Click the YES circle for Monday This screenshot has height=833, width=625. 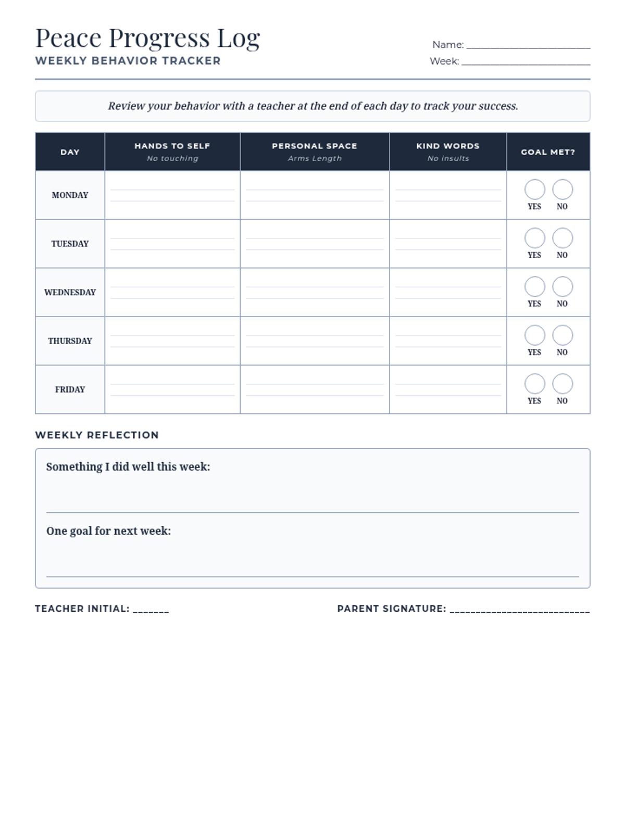click(x=534, y=190)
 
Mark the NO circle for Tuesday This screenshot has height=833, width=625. click(x=562, y=238)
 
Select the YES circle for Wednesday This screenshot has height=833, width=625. click(x=534, y=286)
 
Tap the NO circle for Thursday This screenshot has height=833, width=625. click(x=562, y=335)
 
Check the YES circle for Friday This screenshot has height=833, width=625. click(x=534, y=384)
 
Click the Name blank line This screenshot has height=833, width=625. click(x=528, y=45)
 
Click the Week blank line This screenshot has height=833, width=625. click(x=526, y=62)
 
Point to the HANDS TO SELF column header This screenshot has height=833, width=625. click(x=172, y=146)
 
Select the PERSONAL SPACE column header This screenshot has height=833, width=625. click(x=315, y=146)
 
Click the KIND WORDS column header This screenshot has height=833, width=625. click(x=448, y=146)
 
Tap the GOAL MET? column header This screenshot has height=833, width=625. click(x=548, y=152)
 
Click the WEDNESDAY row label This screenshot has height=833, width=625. click(x=70, y=293)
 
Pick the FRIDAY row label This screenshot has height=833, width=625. click(x=70, y=389)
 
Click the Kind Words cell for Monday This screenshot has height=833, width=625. click(x=448, y=195)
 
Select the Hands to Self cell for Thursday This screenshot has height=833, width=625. click(x=172, y=341)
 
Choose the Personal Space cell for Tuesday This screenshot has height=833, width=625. click(x=315, y=244)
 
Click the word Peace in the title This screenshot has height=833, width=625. click(x=68, y=38)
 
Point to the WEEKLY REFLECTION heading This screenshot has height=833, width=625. click(x=97, y=435)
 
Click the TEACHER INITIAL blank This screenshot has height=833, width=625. click(x=151, y=609)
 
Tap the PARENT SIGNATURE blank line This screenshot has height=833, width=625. click(x=519, y=609)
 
